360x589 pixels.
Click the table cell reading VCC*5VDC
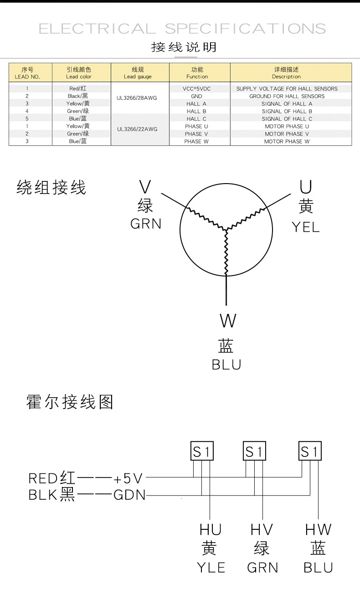(196, 89)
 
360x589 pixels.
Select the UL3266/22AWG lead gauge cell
(137, 129)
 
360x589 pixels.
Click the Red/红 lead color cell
(78, 88)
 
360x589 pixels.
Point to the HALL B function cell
(196, 111)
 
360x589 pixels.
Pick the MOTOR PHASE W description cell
(287, 141)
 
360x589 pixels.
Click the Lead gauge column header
(138, 73)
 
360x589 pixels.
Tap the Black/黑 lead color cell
(78, 96)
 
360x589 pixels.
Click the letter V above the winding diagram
(145, 187)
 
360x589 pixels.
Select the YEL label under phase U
(305, 227)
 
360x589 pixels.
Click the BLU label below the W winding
(226, 365)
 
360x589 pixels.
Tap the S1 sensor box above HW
(310, 452)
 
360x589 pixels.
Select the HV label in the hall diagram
(262, 529)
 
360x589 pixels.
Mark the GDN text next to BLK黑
(129, 495)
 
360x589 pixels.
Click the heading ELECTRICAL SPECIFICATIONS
(182, 29)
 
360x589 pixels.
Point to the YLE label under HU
(211, 568)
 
